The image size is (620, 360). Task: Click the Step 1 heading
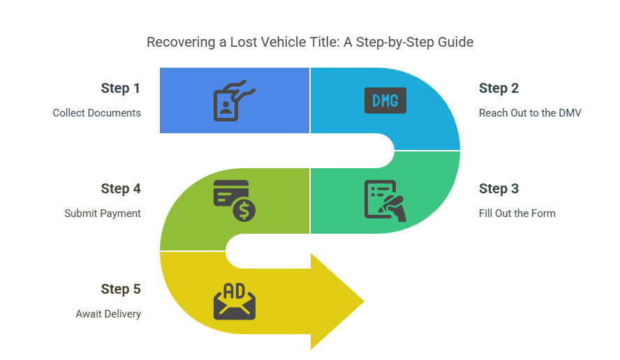pyautogui.click(x=120, y=89)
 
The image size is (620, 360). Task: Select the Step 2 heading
pyautogui.click(x=499, y=89)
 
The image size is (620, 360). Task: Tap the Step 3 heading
pyautogui.click(x=499, y=189)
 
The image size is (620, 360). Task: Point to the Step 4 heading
pyautogui.click(x=121, y=189)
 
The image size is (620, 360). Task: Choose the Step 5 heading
pyautogui.click(x=121, y=290)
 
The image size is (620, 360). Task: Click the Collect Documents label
pyautogui.click(x=97, y=113)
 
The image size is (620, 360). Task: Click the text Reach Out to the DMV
pyautogui.click(x=530, y=113)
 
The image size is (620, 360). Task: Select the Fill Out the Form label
pyautogui.click(x=517, y=213)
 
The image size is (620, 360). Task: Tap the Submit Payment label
pyautogui.click(x=103, y=213)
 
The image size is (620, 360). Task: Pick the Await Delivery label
pyautogui.click(x=108, y=314)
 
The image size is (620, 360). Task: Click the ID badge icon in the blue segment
pyautogui.click(x=234, y=100)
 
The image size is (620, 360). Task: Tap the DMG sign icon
pyautogui.click(x=385, y=100)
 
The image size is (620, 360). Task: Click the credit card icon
pyautogui.click(x=231, y=193)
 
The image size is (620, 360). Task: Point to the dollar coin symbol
pyautogui.click(x=244, y=210)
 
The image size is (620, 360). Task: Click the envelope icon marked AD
pyautogui.click(x=235, y=301)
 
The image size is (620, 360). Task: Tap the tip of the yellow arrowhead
pyautogui.click(x=364, y=301)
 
